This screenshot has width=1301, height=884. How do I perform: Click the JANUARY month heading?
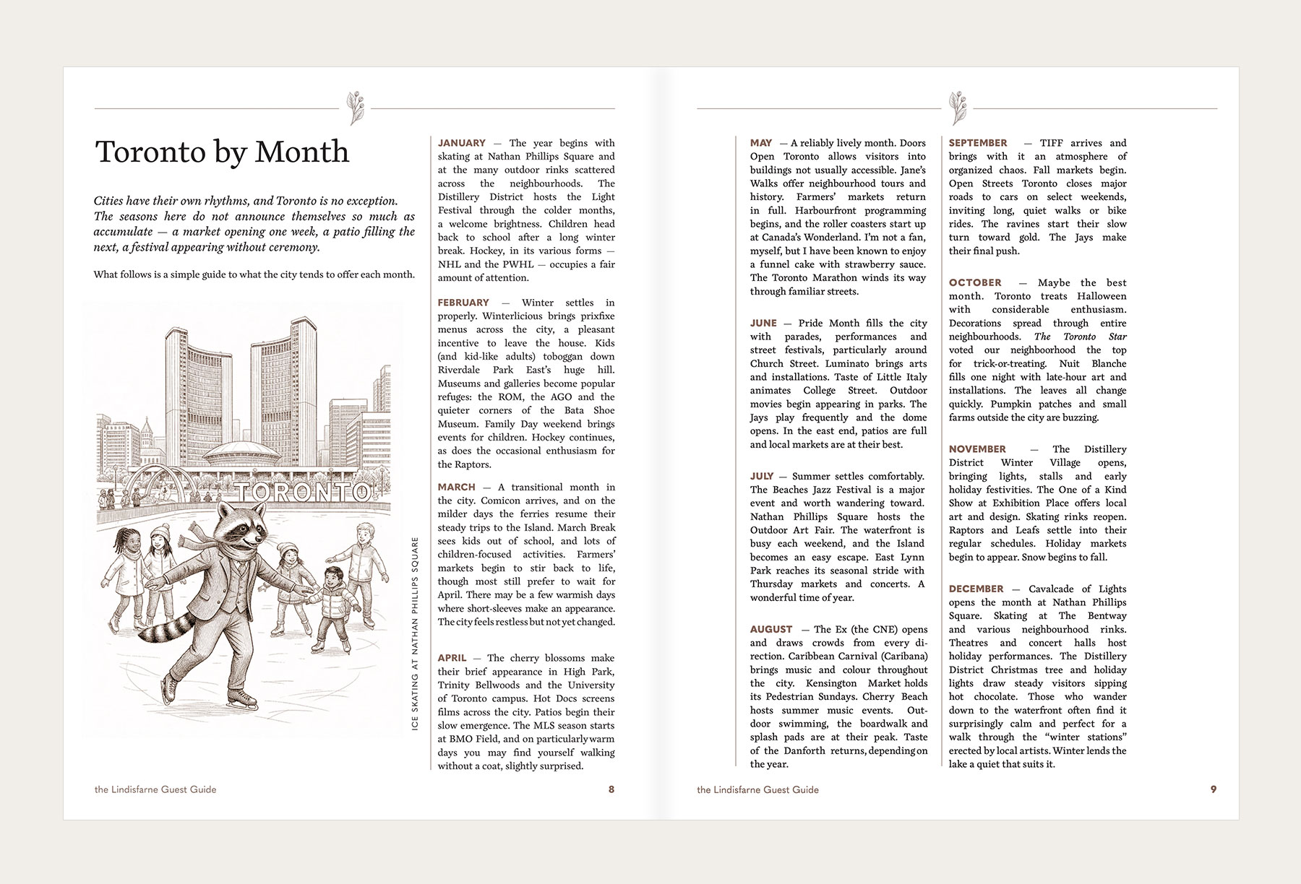click(461, 143)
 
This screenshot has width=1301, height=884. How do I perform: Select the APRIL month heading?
click(452, 658)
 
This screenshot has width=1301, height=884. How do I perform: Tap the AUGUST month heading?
click(770, 629)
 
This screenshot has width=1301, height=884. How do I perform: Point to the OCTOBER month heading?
click(975, 282)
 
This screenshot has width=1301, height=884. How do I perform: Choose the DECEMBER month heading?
click(976, 589)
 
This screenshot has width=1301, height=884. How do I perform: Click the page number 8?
click(611, 789)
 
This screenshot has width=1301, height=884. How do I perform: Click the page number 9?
click(1214, 789)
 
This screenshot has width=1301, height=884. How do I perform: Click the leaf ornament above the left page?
click(355, 108)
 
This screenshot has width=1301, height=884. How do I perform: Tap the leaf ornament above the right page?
click(958, 108)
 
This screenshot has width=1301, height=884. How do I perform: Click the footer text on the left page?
click(155, 789)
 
